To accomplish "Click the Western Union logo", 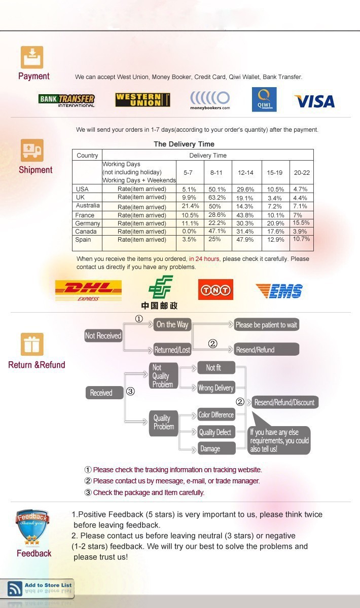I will pyautogui.click(x=142, y=100).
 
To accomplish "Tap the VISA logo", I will pyautogui.click(x=314, y=101).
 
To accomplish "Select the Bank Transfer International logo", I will pyautogui.click(x=66, y=100).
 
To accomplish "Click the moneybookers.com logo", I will pyautogui.click(x=210, y=99).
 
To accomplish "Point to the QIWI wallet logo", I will pyautogui.click(x=264, y=99).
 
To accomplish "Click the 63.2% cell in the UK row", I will pyautogui.click(x=218, y=198).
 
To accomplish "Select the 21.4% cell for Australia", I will pyautogui.click(x=190, y=206).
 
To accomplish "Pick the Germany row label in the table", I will pyautogui.click(x=87, y=223).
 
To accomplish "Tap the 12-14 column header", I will pyautogui.click(x=246, y=173).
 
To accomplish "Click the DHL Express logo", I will pyautogui.click(x=88, y=290).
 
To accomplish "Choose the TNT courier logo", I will pyautogui.click(x=215, y=290).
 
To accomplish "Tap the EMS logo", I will pyautogui.click(x=279, y=291).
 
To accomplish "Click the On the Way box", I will pyautogui.click(x=172, y=325).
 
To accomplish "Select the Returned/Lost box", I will pyautogui.click(x=172, y=350).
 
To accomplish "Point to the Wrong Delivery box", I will pyautogui.click(x=215, y=388).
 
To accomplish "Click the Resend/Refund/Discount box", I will pyautogui.click(x=284, y=402).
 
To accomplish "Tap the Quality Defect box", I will pyautogui.click(x=215, y=432).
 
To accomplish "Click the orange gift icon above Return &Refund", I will pyautogui.click(x=32, y=344).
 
